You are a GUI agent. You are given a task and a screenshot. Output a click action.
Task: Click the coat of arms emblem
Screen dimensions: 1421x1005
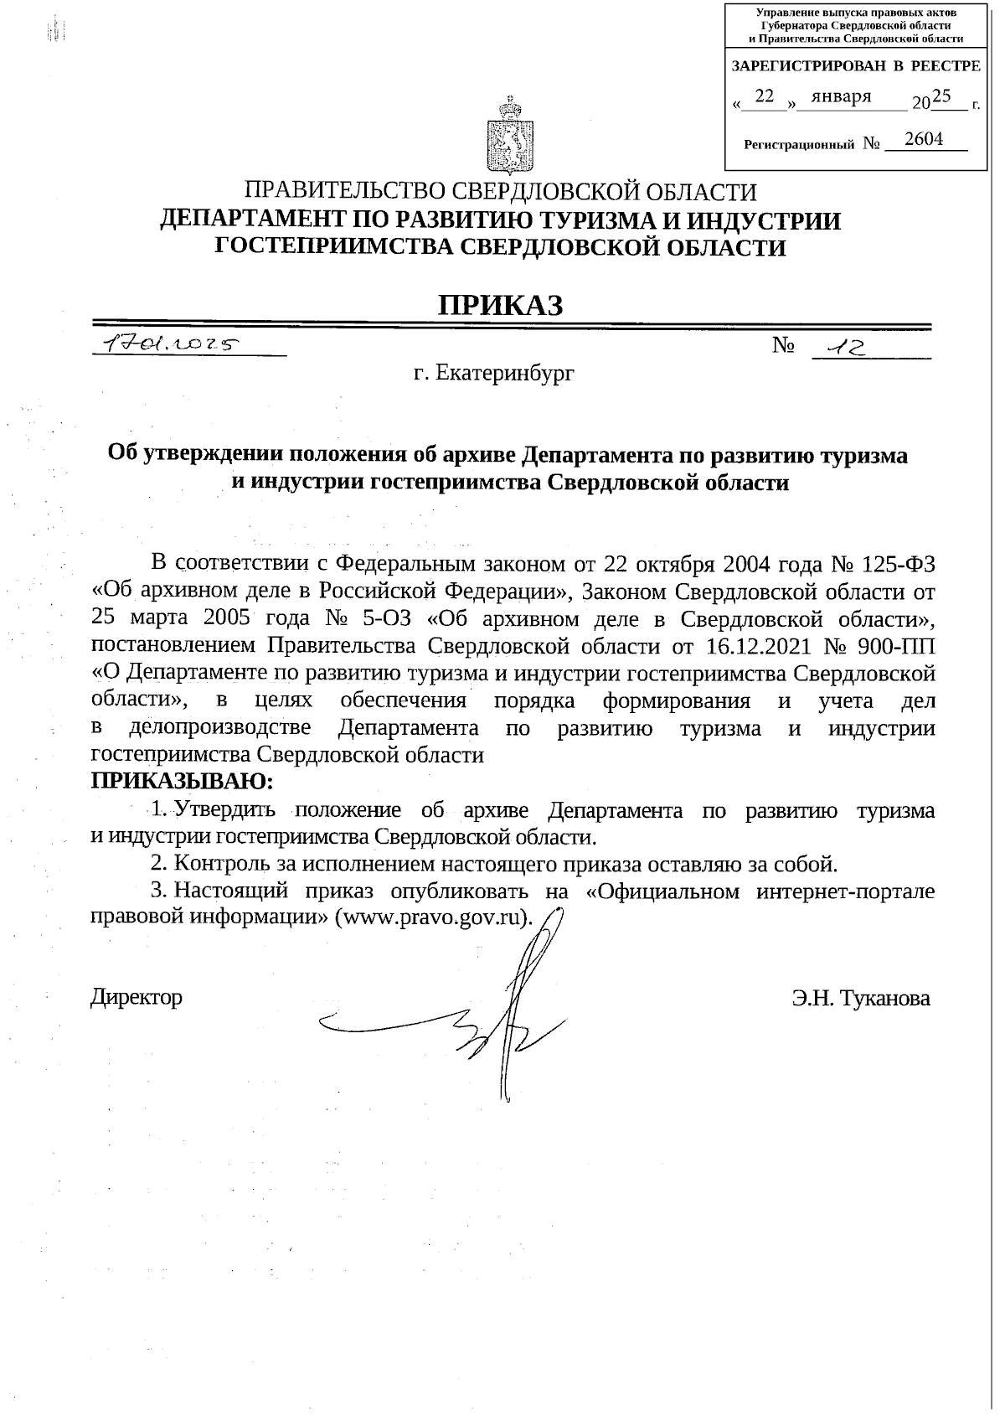(x=509, y=134)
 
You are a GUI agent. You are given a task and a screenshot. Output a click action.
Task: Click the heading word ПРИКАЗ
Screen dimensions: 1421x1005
(x=501, y=306)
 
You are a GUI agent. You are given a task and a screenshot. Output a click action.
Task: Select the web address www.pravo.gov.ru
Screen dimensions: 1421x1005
(x=433, y=916)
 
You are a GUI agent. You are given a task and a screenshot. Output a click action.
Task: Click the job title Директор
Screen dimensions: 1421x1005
(x=137, y=997)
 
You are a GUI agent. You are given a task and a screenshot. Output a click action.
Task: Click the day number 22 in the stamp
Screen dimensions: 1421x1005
(x=764, y=97)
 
